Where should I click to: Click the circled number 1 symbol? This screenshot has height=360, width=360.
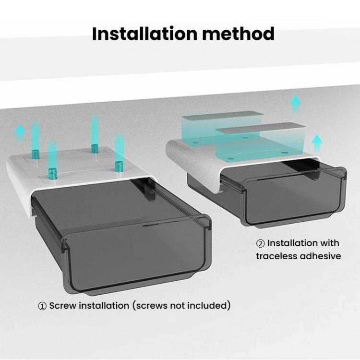click(42, 306)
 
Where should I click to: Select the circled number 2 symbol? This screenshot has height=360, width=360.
click(260, 243)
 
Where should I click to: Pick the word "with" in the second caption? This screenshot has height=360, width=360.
click(329, 243)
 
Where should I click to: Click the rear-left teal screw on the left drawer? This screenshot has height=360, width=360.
click(36, 154)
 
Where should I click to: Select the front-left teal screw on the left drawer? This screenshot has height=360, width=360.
click(53, 173)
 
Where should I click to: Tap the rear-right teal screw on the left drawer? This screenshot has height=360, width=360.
click(95, 148)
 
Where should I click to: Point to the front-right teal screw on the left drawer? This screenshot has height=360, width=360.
click(119, 166)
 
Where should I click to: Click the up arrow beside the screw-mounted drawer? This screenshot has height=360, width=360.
click(20, 132)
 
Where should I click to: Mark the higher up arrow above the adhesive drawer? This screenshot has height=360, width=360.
click(296, 104)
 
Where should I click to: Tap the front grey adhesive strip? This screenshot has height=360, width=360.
click(261, 128)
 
